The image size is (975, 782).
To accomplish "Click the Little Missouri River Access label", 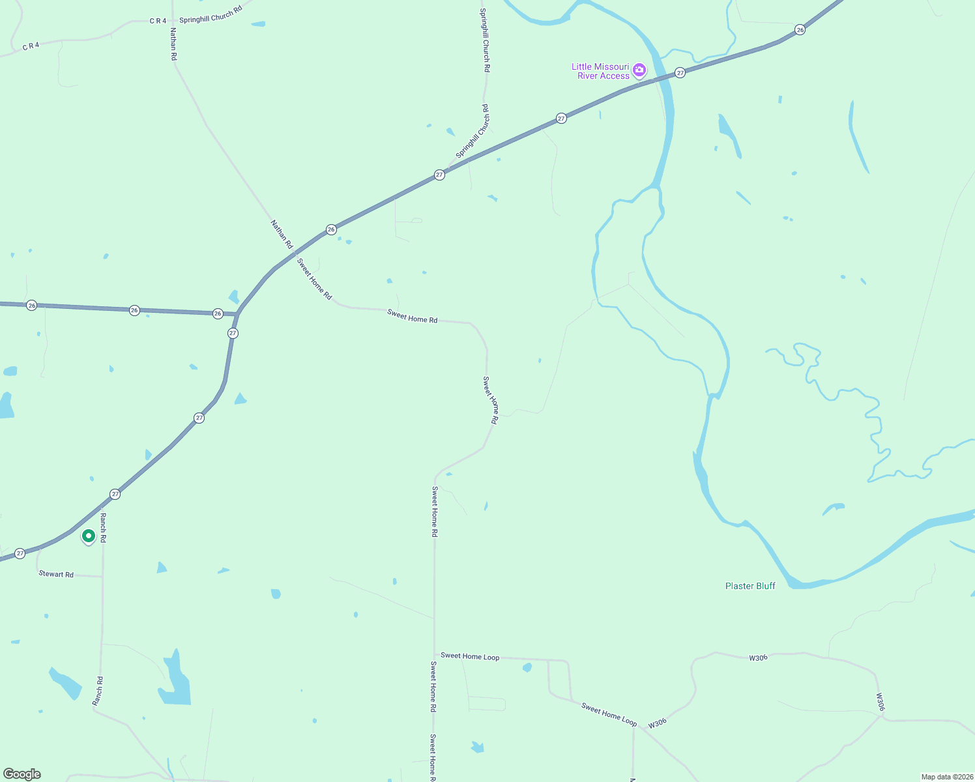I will pos(600,71).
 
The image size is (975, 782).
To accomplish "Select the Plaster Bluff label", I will pos(750,586).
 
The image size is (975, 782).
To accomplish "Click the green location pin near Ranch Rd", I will pos(89,536).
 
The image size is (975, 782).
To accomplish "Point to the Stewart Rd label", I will pos(56,574).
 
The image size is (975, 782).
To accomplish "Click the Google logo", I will pos(22,774).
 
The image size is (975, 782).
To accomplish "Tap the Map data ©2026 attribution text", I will pos(946,777).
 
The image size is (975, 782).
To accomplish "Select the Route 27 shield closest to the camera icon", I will pos(680,73).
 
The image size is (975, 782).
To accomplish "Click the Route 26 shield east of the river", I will pos(800,30).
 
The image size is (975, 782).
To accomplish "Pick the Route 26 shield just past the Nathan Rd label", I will pos(331,229).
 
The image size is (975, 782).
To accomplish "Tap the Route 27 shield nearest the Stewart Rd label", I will pos(20,553).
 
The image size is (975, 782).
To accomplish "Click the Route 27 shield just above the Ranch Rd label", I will pos(115,494).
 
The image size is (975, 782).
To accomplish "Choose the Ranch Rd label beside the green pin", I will pos(103,528).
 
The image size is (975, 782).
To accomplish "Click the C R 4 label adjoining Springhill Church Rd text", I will pos(158,21).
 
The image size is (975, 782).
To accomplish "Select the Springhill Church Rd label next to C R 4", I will pos(211,14).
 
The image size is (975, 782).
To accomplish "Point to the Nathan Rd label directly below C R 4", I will pos(173,44).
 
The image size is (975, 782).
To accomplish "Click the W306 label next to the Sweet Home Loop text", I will pos(657,723).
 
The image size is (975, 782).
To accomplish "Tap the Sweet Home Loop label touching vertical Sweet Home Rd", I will pos(470,656).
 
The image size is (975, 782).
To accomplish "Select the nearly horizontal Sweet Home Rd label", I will pos(412,317).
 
